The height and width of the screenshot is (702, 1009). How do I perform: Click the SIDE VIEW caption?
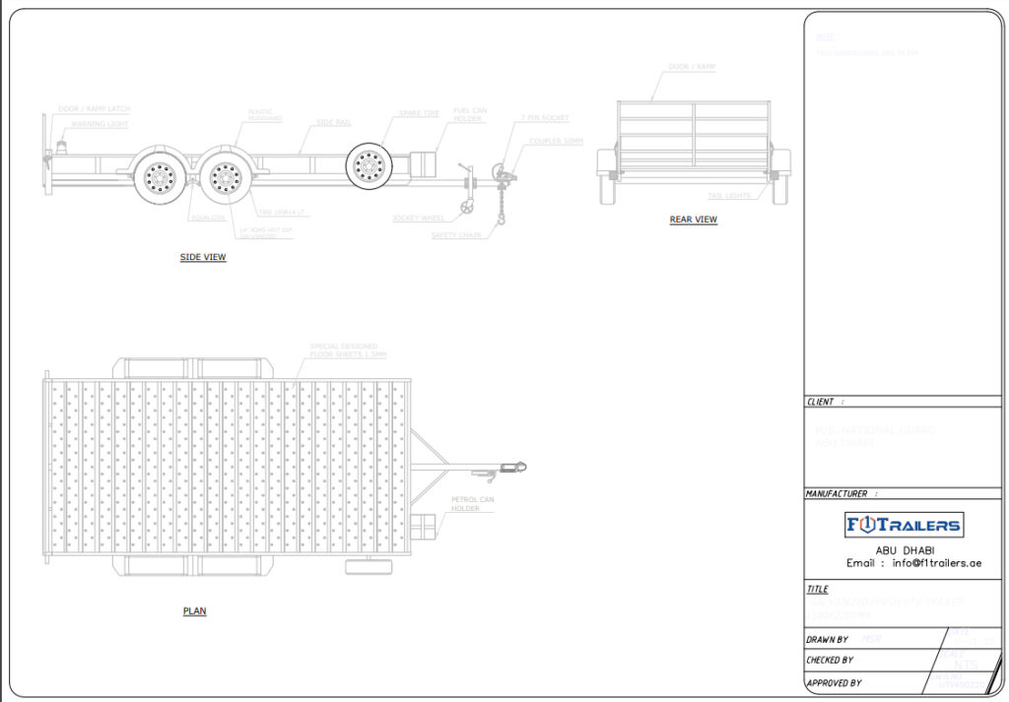203,258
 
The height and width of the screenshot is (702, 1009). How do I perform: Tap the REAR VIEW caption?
694,220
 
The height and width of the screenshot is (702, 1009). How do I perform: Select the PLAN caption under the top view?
194,611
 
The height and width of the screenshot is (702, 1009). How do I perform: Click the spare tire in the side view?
370,163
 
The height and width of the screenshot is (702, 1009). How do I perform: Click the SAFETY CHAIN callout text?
456,235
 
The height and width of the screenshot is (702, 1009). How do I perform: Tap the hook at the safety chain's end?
501,220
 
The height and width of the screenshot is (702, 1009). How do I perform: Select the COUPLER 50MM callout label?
556,141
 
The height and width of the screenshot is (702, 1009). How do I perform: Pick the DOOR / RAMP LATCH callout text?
95,108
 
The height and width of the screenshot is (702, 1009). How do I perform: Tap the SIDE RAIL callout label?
333,122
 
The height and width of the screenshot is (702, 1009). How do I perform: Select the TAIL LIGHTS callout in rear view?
729,196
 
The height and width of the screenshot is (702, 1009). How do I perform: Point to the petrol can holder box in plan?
422,526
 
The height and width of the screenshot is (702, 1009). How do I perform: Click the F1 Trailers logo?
905,525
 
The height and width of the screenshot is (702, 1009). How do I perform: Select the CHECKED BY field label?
830,661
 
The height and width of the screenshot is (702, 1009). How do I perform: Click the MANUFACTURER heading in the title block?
837,493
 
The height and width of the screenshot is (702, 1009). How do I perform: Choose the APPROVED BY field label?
834,682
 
